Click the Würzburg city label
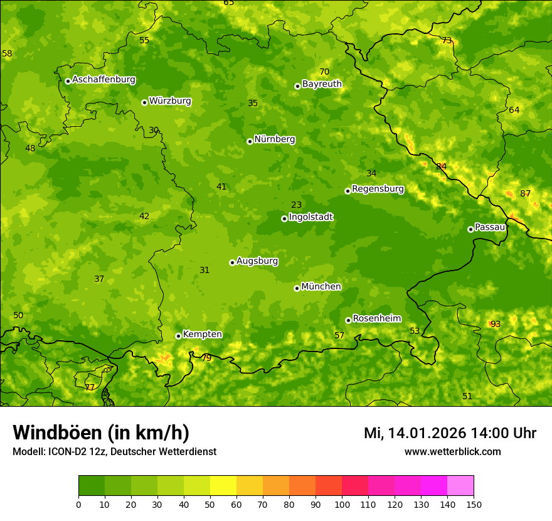(170, 101)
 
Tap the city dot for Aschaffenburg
(68, 81)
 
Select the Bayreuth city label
(322, 84)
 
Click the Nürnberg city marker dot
(250, 141)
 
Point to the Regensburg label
(378, 189)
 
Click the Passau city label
(490, 227)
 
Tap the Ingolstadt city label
(310, 217)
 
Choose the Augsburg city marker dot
(232, 262)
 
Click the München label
(321, 287)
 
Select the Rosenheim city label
(376, 319)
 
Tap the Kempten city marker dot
(178, 336)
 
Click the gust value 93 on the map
(496, 324)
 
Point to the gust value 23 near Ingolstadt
(297, 205)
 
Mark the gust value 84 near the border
(442, 166)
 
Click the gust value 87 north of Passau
(526, 193)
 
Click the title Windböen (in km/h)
(101, 432)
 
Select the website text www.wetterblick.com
(452, 451)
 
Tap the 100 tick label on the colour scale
(342, 504)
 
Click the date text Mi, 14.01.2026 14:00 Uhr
(450, 433)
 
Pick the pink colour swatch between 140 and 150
(460, 486)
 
